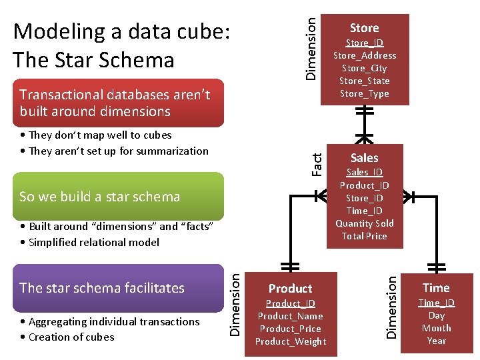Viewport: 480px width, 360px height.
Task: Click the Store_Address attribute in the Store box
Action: pos(364,55)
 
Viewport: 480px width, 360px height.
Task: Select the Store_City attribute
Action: pos(364,68)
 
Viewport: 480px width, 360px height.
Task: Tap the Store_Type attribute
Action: pos(364,93)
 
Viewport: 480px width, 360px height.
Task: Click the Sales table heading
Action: pos(364,158)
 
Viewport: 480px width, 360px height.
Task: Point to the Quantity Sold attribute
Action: pos(364,223)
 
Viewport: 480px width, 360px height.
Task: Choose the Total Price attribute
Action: pos(364,236)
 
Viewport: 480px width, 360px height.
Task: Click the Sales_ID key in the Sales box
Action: pos(364,173)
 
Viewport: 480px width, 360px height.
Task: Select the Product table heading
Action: pos(290,289)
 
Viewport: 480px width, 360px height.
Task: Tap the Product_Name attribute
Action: pos(290,316)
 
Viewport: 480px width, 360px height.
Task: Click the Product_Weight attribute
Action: pos(290,341)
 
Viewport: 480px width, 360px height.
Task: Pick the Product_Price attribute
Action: pos(290,329)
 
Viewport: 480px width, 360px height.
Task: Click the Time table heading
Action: pos(436,288)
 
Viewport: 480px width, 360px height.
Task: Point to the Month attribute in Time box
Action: pos(436,328)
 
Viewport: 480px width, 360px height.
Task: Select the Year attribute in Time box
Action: pos(436,341)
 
